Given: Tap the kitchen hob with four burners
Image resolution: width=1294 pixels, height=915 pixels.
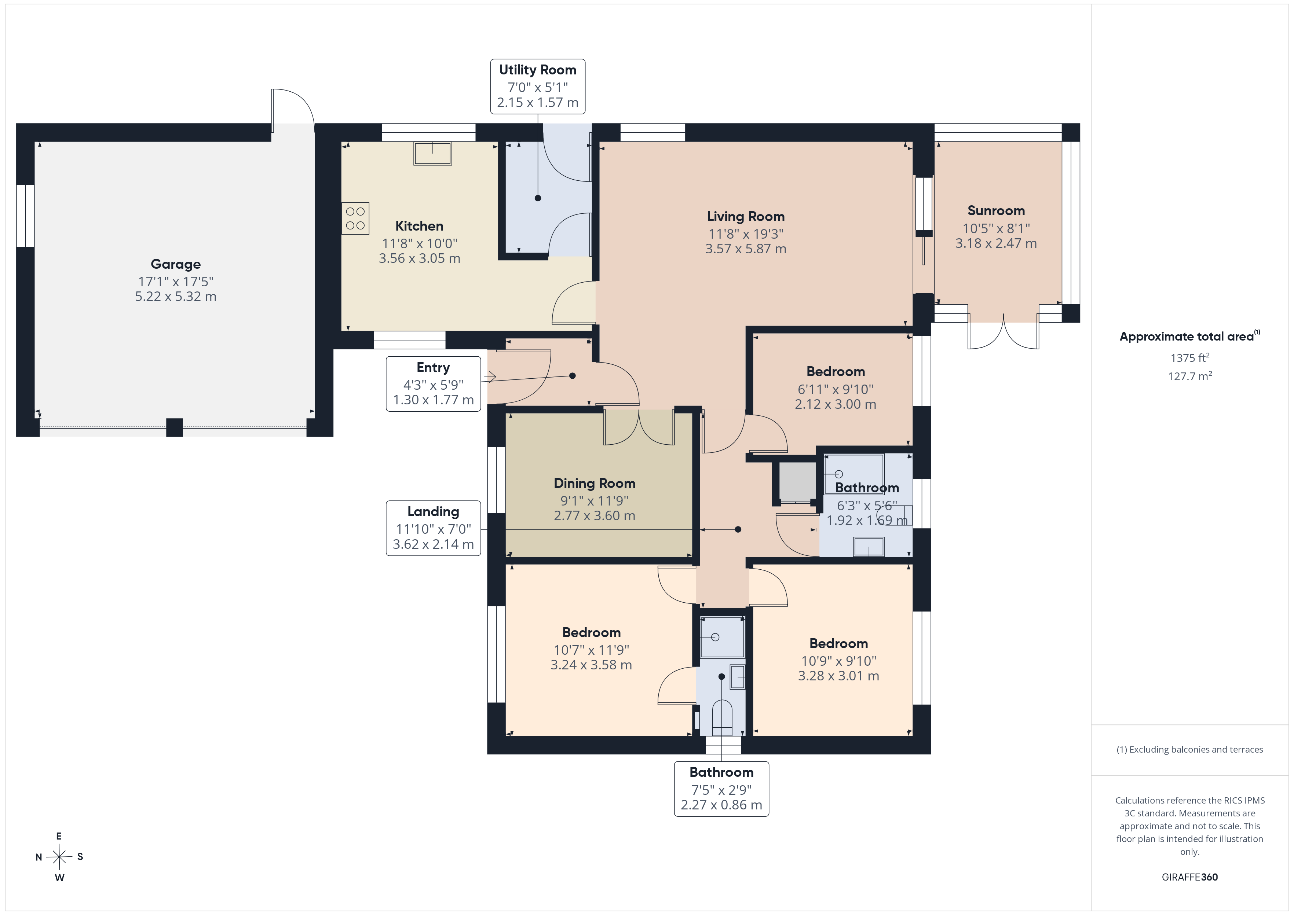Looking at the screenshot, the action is pos(355,218).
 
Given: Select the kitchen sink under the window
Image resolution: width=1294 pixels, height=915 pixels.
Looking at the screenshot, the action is pos(433,153).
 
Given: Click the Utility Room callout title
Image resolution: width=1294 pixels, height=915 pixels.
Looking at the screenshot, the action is pos(538,70).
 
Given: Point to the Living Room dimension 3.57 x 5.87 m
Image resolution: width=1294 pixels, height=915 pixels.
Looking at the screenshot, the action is pos(746,249).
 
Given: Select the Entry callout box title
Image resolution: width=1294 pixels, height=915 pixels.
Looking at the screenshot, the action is pos(433,367).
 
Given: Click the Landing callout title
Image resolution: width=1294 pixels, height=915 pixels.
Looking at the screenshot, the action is pos(433,512).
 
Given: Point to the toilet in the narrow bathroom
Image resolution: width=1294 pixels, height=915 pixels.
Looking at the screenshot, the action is pos(722,718).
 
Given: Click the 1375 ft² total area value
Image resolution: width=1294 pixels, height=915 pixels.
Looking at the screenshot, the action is pos(1190,358).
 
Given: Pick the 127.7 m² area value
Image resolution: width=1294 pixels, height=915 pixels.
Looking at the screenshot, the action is pos(1190,376).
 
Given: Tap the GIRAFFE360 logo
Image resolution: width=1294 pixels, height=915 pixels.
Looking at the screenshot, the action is pos(1190,877).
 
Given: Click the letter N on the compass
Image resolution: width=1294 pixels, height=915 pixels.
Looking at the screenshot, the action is pos(39,857).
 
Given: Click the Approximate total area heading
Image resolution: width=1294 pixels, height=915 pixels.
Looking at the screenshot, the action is pos(1189,337).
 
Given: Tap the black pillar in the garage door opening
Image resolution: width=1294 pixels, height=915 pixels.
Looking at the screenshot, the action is pos(175,428).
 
